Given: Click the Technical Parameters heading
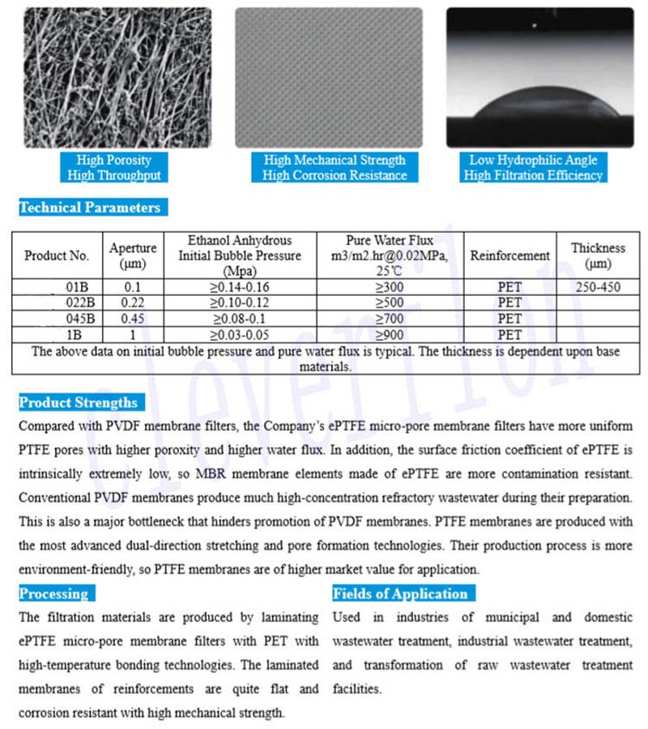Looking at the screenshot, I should coord(90,208).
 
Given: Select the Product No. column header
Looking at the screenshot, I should coord(57,255).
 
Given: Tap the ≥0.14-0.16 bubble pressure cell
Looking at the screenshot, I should coord(239,287).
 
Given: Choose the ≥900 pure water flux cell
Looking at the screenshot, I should coord(389,334).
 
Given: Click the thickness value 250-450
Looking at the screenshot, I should coord(598,287).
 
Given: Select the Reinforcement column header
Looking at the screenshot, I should coord(509,255).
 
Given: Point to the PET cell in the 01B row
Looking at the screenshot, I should coord(509,287).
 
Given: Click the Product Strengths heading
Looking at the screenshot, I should coord(79,402).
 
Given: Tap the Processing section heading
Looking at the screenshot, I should coord(53,594).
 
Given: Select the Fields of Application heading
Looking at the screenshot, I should coord(400,594).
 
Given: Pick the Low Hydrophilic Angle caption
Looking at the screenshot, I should coord(534,161).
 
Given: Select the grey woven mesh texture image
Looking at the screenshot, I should coord(328,77).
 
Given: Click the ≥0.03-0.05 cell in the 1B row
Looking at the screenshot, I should coord(239,334).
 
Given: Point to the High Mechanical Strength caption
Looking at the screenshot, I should coord(335,161).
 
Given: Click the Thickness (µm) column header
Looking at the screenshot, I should coord(598,255).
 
